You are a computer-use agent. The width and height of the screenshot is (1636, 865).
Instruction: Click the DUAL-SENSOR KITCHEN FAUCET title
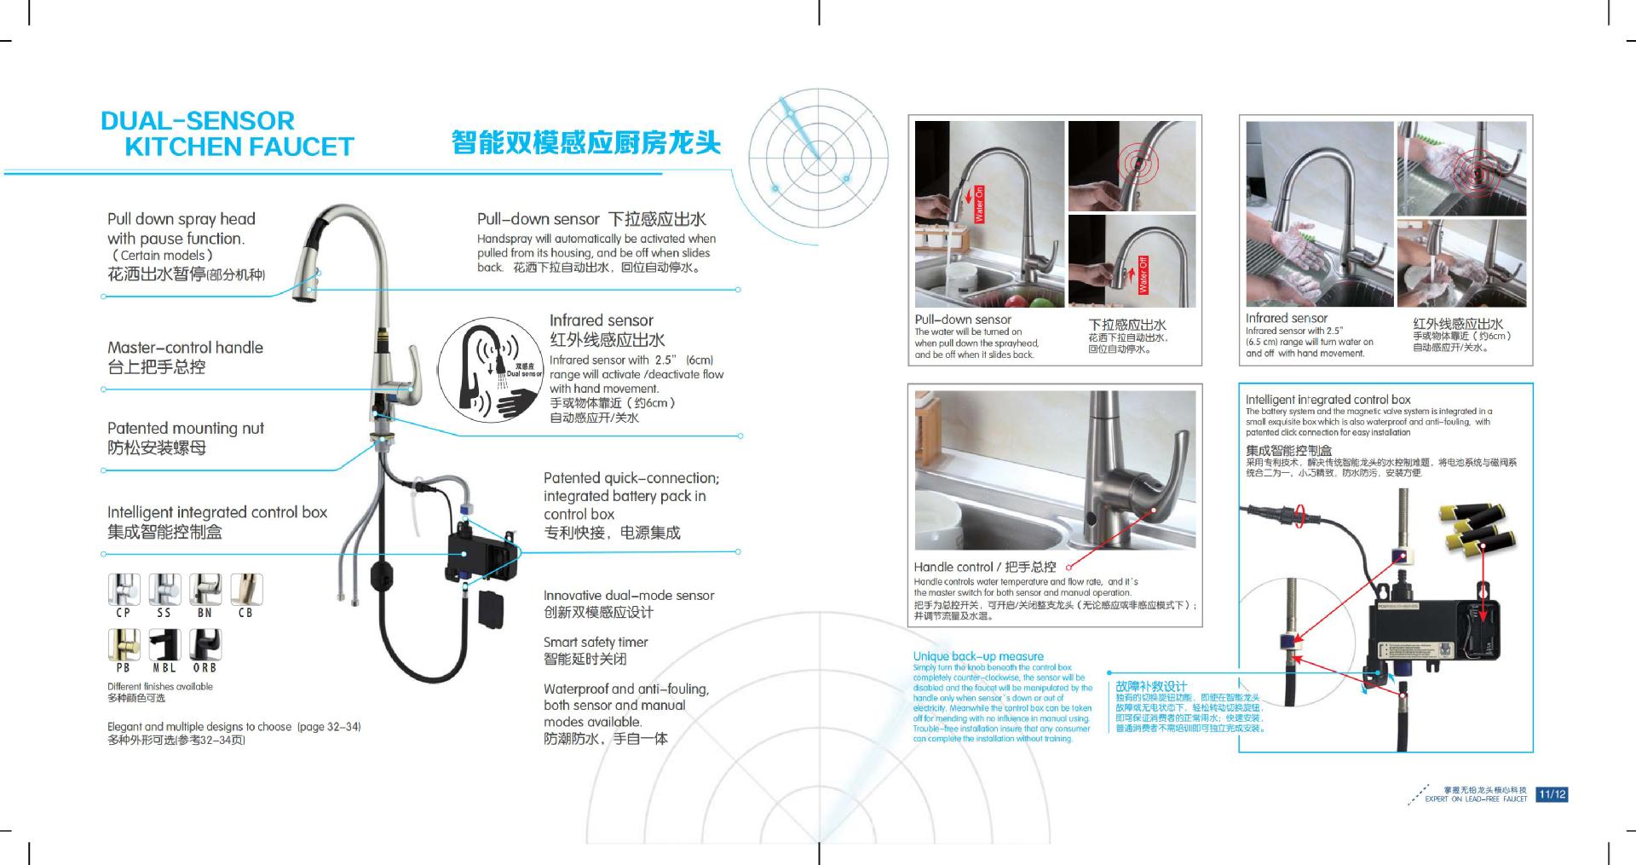226,134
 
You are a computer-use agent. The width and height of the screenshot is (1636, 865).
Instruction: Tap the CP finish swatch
124,590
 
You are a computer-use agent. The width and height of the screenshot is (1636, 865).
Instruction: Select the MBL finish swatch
164,645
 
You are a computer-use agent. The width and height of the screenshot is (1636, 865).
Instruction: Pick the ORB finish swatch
204,645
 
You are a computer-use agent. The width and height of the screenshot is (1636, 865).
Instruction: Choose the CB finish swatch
246,590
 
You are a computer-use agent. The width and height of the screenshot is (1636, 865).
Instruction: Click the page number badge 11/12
1552,794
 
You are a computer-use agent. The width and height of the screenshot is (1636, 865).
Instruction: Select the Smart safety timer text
596,643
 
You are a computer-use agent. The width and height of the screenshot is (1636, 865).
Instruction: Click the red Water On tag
979,205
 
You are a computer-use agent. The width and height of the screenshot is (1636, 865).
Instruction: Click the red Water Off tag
1143,274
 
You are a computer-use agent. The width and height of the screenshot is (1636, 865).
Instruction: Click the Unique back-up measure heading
978,656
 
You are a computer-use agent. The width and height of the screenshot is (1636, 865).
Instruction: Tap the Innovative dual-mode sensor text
629,596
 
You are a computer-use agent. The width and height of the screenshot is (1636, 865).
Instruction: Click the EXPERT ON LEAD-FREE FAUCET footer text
1476,799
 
